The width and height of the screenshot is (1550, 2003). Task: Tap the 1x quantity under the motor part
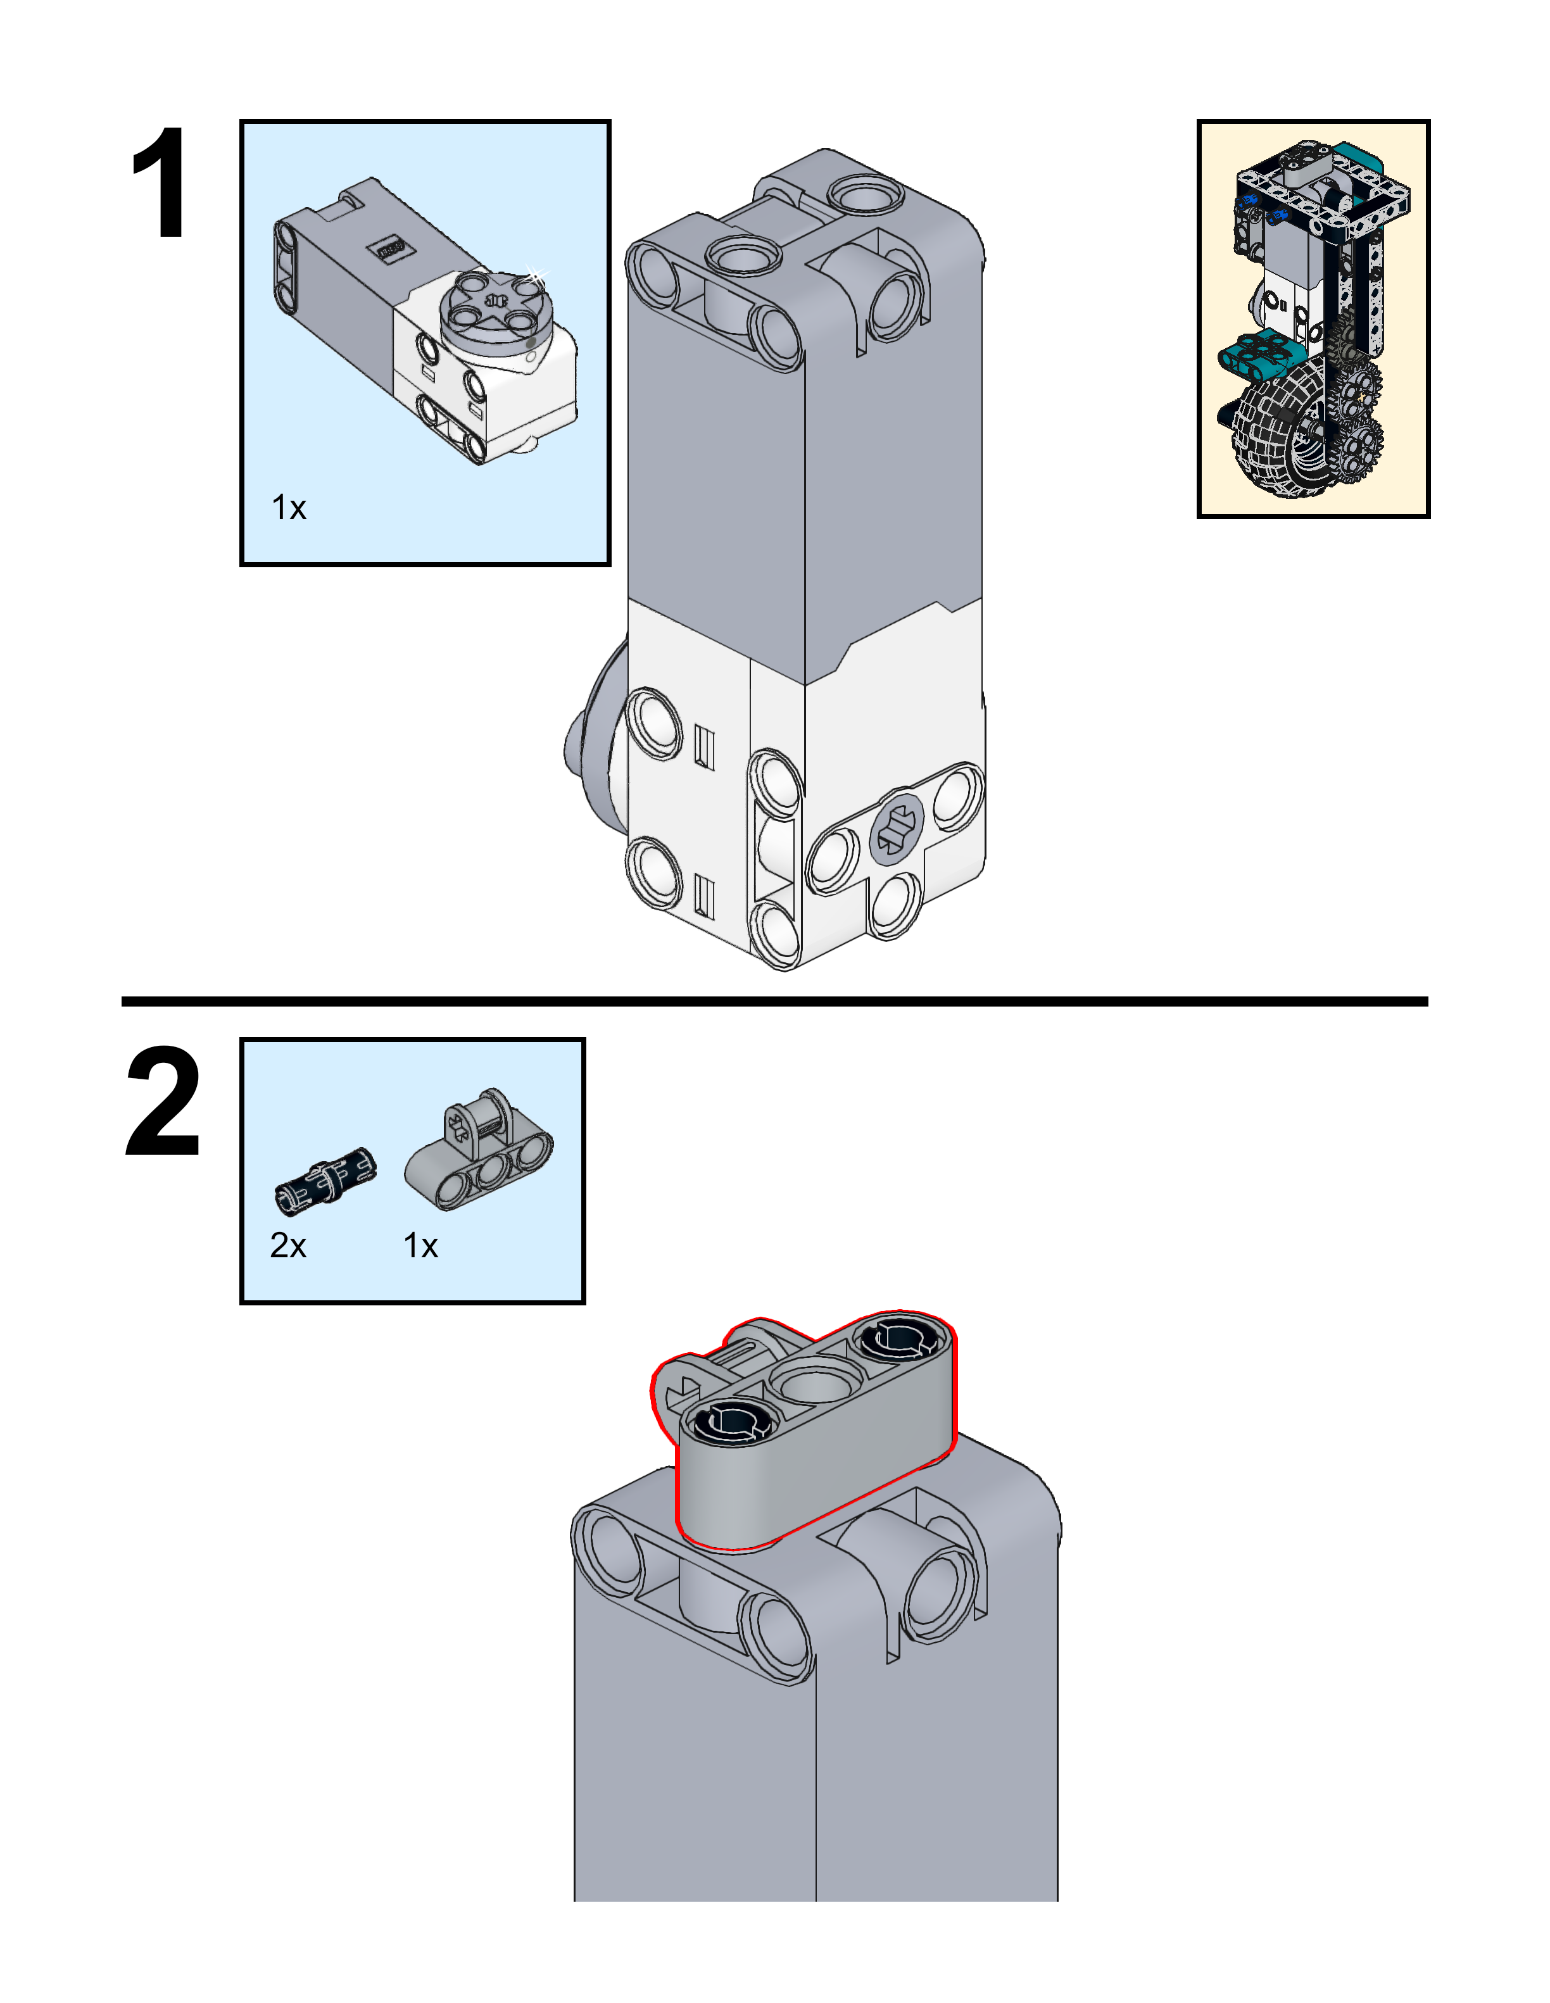288,507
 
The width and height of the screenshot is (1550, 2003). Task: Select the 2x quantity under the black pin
287,1245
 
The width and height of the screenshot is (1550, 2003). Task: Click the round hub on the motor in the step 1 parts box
495,307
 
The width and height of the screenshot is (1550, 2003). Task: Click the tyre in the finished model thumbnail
1270,440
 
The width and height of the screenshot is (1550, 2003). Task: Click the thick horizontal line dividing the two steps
774,1001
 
